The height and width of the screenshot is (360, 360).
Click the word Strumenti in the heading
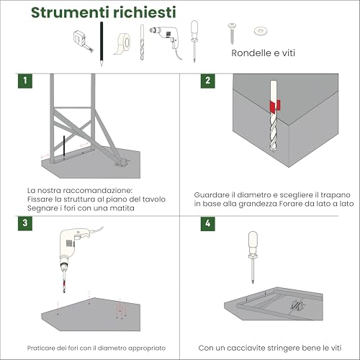pyautogui.click(x=70, y=12)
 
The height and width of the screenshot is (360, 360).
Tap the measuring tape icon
pyautogui.click(x=82, y=40)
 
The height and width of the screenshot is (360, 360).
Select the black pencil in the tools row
pyautogui.click(x=102, y=43)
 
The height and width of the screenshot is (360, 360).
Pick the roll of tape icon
pyautogui.click(x=122, y=44)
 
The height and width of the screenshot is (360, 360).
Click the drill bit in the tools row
pyautogui.click(x=142, y=42)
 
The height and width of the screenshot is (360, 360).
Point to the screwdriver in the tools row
pyautogui.click(x=194, y=41)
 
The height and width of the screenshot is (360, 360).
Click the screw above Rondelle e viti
pyautogui.click(x=232, y=33)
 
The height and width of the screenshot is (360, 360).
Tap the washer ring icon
pyautogui.click(x=261, y=31)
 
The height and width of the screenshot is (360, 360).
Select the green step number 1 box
pyautogui.click(x=25, y=81)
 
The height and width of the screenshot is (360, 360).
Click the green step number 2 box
pyautogui.click(x=208, y=81)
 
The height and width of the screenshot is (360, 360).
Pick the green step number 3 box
pyautogui.click(x=25, y=223)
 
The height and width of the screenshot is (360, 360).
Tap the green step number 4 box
pyautogui.click(x=208, y=223)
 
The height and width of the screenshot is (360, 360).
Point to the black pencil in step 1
pyautogui.click(x=64, y=148)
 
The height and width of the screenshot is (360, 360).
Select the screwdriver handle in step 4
pyautogui.click(x=253, y=243)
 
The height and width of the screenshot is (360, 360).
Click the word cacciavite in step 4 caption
pyautogui.click(x=241, y=348)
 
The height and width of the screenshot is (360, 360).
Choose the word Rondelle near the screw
pyautogui.click(x=248, y=53)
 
